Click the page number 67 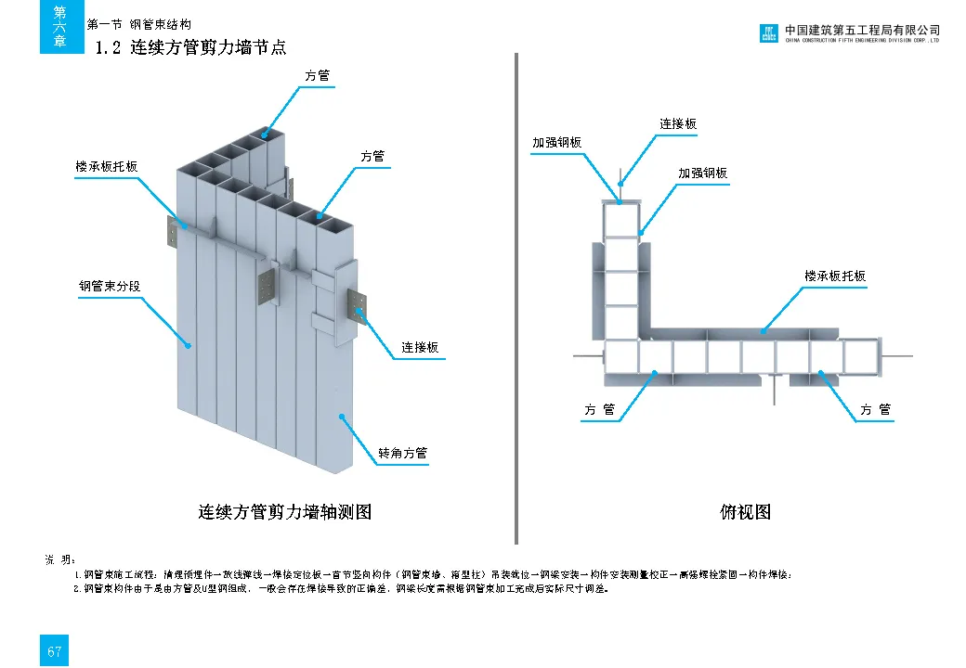point(54,650)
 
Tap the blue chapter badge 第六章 point(60,27)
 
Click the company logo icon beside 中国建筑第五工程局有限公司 point(768,33)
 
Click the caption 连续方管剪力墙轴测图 point(284,511)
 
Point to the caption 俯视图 point(745,511)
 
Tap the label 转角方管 point(402,454)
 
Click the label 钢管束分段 point(109,287)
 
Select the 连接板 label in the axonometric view point(420,347)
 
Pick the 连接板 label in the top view point(678,123)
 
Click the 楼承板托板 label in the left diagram point(106,166)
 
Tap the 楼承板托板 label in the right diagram point(834,276)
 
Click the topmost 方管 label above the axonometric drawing point(317,76)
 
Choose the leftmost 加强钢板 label point(556,143)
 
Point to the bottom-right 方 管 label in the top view point(875,409)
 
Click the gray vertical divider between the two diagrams point(516,297)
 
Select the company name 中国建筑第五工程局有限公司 point(862,30)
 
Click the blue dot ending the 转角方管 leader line point(343,417)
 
